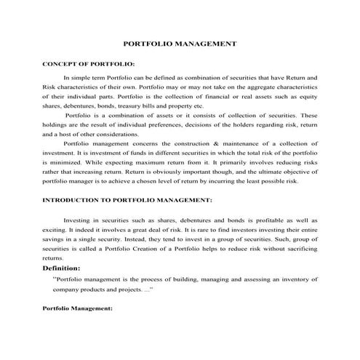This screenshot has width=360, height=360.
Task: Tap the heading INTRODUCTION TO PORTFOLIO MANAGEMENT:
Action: (x=127, y=199)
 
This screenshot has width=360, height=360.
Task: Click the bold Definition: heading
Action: (x=66, y=268)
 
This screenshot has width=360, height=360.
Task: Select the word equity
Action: (x=306, y=95)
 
